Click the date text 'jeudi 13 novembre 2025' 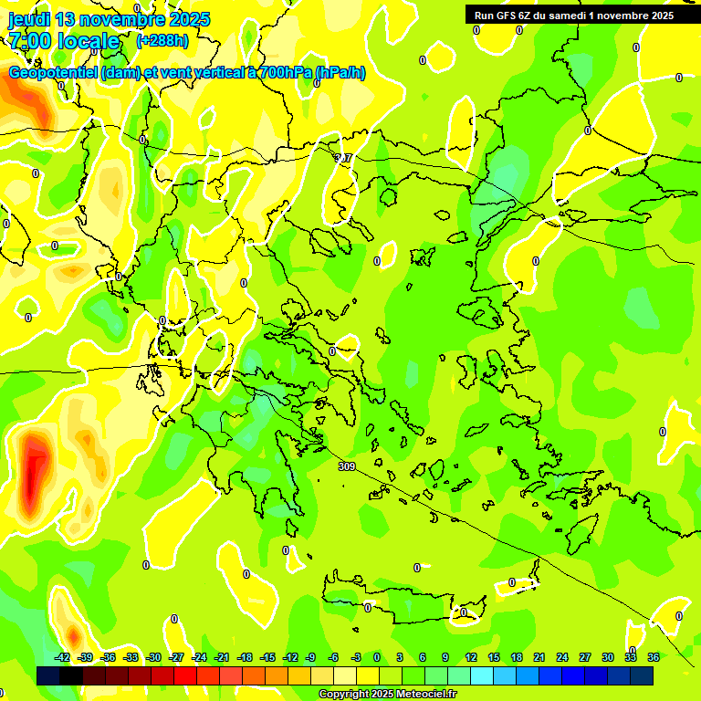[110, 19]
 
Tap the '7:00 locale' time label [64, 41]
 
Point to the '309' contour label [346, 466]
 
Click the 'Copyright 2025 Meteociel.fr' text [387, 695]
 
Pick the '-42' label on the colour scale [63, 657]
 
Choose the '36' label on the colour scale [654, 657]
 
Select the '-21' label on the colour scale [222, 657]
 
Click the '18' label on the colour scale [517, 657]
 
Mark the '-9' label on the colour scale [311, 657]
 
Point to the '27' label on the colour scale [585, 657]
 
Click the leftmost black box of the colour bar [48, 675]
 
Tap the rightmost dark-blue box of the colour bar [642, 675]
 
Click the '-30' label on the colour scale [154, 657]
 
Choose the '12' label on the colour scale [471, 657]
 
